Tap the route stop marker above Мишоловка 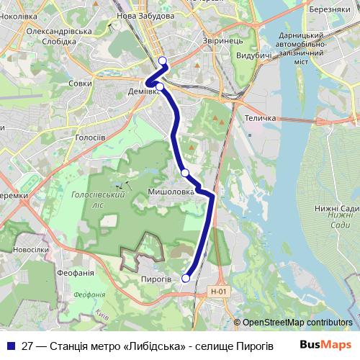185,173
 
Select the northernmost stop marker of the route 163,61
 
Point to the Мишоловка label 171,192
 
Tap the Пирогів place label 156,278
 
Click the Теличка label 261,118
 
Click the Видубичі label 253,55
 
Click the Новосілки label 30,249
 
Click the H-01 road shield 218,292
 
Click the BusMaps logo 325,344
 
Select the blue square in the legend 12,345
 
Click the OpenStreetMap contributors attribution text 297,323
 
